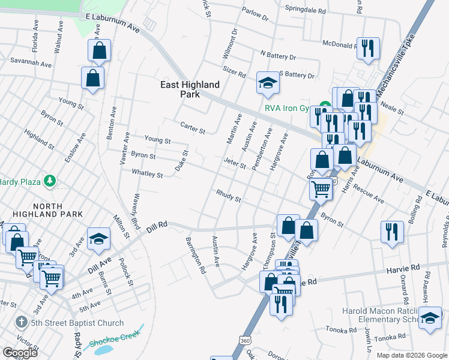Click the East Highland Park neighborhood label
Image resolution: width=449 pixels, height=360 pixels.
coord(190,89)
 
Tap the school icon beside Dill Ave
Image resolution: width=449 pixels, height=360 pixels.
coord(99,240)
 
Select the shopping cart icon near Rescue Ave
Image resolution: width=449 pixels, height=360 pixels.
coord(321,188)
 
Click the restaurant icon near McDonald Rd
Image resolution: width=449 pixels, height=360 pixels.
coord(368,48)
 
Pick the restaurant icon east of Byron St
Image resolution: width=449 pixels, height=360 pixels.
coord(392,232)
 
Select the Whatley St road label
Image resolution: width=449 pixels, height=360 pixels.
coord(147,174)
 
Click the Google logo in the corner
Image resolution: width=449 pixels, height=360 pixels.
coord(20,353)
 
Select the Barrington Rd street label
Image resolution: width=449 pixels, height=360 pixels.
coord(196,256)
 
